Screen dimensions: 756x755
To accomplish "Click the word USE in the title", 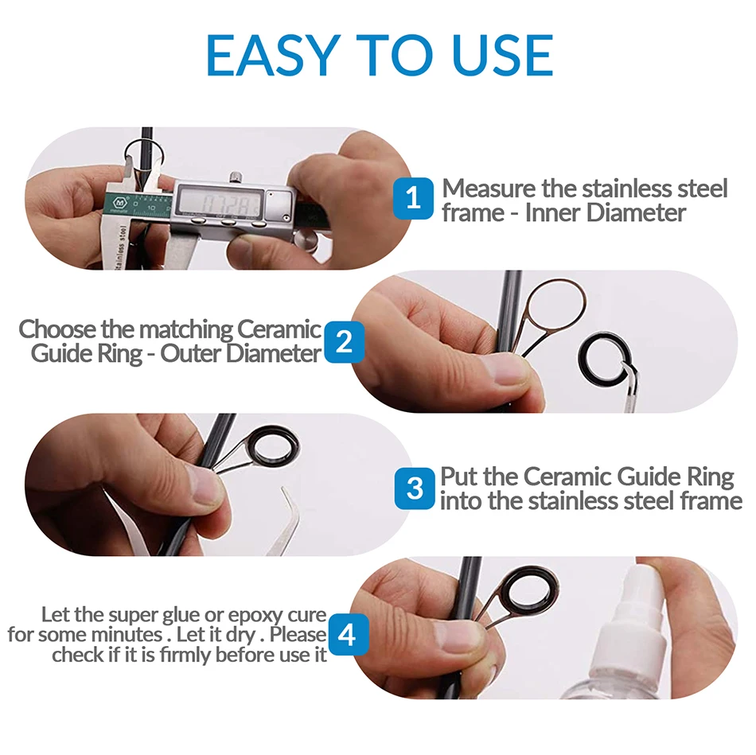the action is point(503,56).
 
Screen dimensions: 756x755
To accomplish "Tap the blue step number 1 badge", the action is point(413,197).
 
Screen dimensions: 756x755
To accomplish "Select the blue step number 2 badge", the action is point(344,342).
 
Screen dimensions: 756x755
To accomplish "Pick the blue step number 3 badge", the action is point(415,488).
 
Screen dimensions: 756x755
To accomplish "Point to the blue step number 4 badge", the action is point(348,634).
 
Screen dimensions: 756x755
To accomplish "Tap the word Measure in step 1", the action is point(489,189).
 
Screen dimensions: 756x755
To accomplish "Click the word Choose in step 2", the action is point(57,330).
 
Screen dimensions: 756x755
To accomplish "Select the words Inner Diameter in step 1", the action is point(605,212).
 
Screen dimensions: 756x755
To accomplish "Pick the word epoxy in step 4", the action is point(255,616).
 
